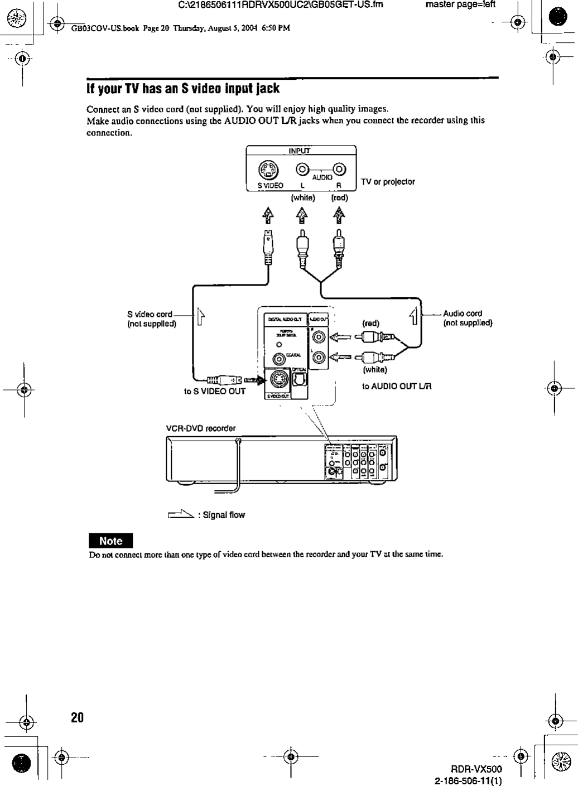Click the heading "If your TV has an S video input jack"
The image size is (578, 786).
(x=182, y=89)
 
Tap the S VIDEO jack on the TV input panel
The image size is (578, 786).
(x=264, y=170)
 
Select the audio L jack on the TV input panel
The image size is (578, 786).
(x=302, y=168)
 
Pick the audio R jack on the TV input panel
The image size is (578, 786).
(x=340, y=168)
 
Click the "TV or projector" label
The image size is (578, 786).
(x=388, y=182)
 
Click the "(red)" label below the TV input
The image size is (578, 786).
(x=339, y=197)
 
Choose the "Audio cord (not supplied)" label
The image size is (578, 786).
(x=467, y=318)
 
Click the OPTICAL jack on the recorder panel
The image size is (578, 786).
(x=299, y=381)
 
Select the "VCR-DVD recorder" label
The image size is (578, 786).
(x=201, y=428)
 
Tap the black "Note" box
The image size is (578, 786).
(x=111, y=541)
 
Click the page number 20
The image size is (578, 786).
(x=77, y=717)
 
